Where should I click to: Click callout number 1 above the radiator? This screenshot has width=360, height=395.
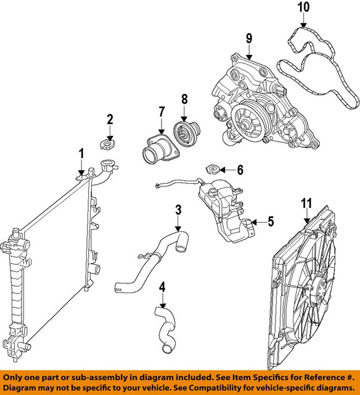coord(80,153)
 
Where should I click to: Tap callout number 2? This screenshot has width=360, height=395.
coord(110,119)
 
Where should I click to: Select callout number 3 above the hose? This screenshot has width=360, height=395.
coord(178,210)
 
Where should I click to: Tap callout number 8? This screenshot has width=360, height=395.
coord(184,99)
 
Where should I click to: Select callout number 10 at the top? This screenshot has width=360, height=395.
coord(301,8)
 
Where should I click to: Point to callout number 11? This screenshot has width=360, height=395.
coord(306,203)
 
